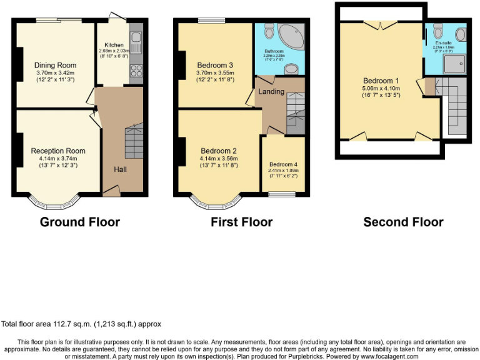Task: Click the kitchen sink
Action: (136, 43)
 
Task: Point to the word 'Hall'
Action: (121, 169)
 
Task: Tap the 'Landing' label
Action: (271, 92)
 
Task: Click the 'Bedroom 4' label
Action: (284, 164)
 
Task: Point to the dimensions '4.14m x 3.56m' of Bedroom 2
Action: (218, 158)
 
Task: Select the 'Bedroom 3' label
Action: (215, 65)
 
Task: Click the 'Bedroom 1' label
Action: (381, 81)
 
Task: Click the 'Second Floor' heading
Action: (403, 222)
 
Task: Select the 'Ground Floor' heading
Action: (80, 222)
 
